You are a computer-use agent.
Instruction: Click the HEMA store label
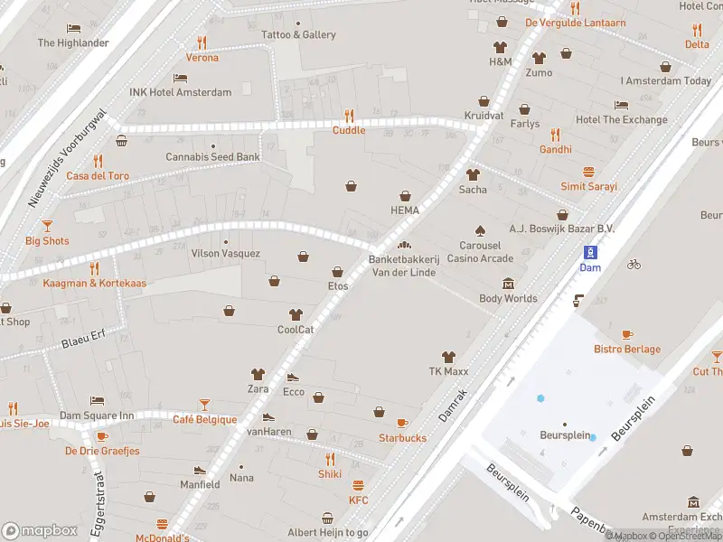click(x=405, y=210)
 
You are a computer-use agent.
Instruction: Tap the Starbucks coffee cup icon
click(x=402, y=423)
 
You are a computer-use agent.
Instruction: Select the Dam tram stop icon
click(x=589, y=252)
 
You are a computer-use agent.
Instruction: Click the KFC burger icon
click(x=359, y=485)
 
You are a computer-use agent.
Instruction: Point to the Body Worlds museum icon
click(x=508, y=284)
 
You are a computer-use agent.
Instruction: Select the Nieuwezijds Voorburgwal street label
click(x=68, y=159)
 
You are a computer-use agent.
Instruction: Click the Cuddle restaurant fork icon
click(x=349, y=116)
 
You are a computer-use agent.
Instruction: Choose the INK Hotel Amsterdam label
click(x=180, y=92)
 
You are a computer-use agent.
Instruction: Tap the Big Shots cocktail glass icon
click(x=47, y=226)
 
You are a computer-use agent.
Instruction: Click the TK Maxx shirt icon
click(x=446, y=357)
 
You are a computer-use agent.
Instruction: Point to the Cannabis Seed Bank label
click(x=212, y=157)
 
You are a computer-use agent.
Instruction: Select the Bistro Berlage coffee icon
click(x=627, y=334)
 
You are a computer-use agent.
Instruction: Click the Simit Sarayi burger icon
click(x=588, y=172)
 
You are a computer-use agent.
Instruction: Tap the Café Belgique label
click(x=205, y=419)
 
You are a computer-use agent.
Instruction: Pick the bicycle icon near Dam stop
click(x=634, y=264)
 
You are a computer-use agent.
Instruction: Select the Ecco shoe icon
click(x=293, y=378)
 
